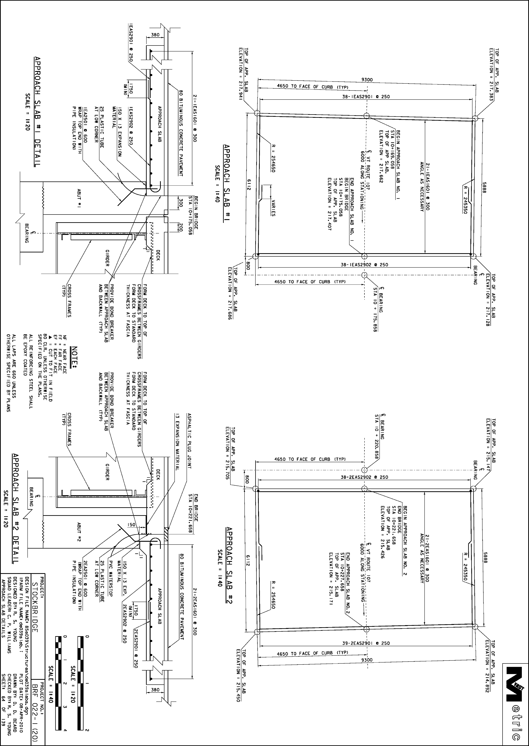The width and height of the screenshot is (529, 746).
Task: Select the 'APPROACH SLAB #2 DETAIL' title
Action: coord(15,509)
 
